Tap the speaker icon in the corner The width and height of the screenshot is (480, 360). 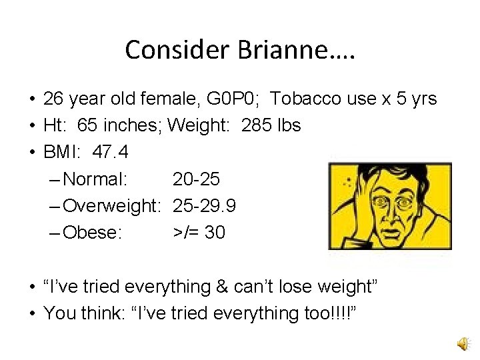tap(462, 343)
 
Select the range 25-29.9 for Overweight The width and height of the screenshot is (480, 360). tap(204, 205)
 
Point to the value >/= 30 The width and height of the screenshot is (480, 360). tap(199, 232)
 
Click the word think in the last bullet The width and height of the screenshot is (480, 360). tap(99, 313)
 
